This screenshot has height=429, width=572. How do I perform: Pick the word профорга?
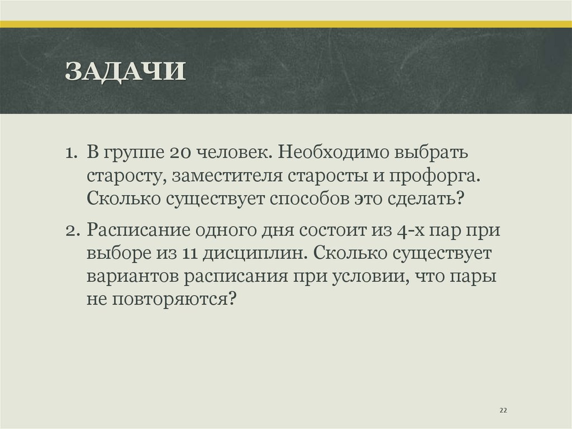tap(430, 177)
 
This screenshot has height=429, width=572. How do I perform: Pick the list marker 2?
tap(71, 230)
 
